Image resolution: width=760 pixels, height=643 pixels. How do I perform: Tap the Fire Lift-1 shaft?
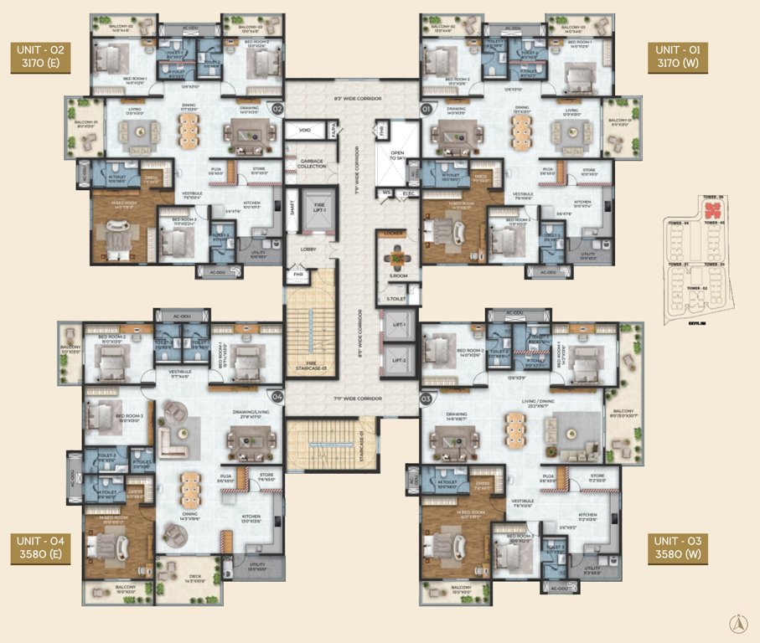pos(313,208)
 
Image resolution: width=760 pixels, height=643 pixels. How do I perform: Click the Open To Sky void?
pos(396,158)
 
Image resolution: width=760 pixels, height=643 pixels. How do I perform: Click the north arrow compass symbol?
pos(739,624)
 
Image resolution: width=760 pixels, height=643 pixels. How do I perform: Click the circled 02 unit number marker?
pos(277,108)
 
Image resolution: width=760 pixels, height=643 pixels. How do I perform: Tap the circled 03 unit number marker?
pos(426,399)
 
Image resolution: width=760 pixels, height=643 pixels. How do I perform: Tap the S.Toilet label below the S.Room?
pos(391,297)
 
